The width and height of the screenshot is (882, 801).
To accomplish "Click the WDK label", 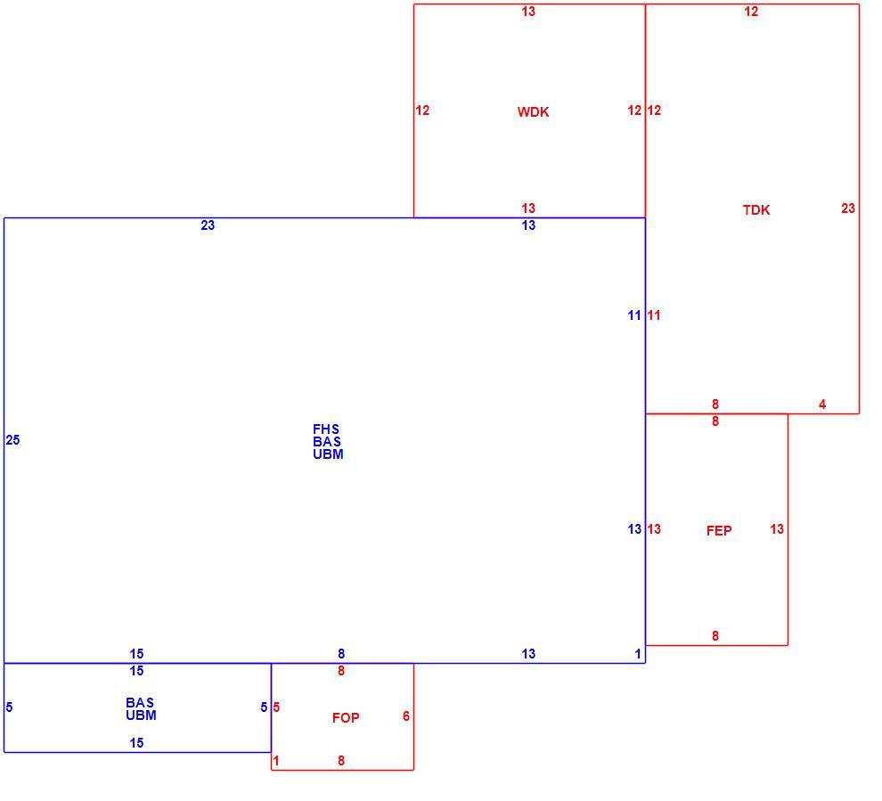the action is point(533,112).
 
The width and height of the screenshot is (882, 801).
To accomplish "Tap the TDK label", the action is point(756,209).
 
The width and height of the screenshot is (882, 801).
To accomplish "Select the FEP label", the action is point(719,530).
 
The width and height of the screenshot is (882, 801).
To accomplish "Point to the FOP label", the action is point(346,718).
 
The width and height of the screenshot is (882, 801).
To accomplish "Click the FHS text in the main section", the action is point(326,429).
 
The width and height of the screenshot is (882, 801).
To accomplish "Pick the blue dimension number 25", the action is point(13,440).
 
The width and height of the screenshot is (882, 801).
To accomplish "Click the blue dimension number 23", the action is point(208,225).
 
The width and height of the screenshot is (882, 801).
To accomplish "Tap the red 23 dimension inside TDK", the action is point(848,208).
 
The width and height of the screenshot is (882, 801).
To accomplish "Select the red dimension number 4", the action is point(822,405).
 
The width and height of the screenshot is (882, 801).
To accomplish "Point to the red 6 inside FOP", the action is point(406,716).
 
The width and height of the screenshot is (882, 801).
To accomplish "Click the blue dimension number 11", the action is point(634,315).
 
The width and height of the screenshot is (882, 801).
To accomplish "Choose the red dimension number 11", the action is point(654,315).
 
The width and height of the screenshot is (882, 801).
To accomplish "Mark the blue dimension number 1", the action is point(638,654).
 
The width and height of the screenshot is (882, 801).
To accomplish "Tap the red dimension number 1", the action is point(275,761).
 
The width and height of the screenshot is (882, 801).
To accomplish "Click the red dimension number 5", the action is point(276,707).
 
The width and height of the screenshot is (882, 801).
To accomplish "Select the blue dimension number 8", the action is point(341,654).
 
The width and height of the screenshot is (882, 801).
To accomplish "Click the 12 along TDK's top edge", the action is point(751,12).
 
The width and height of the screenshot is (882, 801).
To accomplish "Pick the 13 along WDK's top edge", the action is point(528,12).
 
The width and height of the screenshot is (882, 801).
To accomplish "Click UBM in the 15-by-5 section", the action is point(141,715).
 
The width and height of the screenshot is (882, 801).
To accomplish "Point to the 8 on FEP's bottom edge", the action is point(715,636).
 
